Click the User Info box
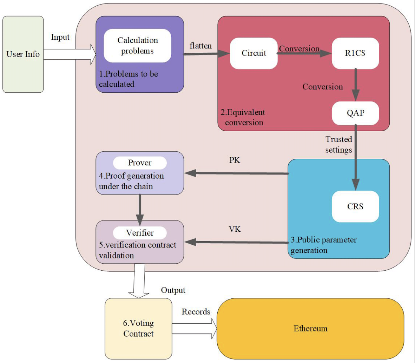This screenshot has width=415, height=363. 23,54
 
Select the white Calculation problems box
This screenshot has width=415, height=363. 137,46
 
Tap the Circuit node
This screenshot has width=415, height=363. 253,53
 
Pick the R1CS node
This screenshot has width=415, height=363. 355,53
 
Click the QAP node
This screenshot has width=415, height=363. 355,113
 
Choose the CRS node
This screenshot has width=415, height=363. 355,206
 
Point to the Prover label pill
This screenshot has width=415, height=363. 139,163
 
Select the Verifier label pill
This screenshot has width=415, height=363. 139,233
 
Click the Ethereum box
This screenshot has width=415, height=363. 310,329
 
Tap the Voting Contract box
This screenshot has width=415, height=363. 138,329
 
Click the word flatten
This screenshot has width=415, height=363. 200,46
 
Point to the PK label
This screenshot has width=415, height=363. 235,160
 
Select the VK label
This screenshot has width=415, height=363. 235,229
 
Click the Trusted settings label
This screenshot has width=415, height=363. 338,145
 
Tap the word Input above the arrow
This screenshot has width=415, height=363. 60,37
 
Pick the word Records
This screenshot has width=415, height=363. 196,312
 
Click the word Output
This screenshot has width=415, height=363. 173,290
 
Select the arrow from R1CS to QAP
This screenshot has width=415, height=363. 355,84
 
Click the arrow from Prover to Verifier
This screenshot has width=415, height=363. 140,209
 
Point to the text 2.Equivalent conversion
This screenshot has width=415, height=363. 243,117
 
